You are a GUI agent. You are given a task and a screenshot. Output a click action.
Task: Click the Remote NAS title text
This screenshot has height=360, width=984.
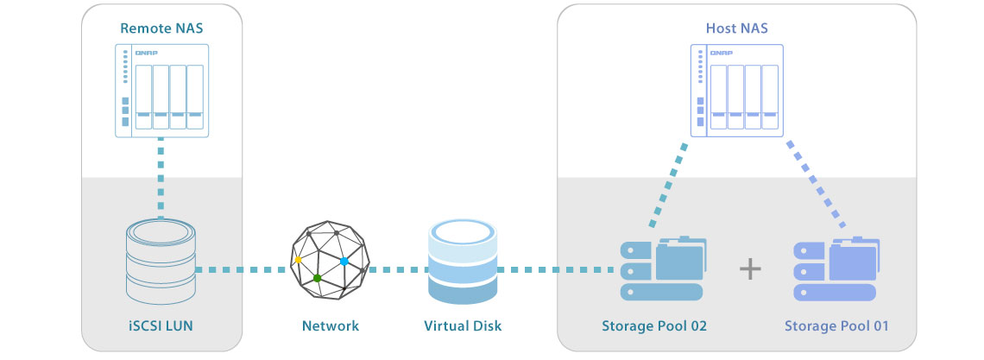pos(161,28)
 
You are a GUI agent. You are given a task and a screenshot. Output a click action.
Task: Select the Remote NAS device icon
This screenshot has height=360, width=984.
pos(161,90)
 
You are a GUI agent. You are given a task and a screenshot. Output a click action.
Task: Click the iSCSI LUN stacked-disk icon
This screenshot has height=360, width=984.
pos(161,259)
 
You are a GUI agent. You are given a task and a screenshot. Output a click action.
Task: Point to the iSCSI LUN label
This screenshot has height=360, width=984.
pos(161,326)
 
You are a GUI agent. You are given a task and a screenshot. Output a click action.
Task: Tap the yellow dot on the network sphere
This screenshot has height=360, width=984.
pos(298,259)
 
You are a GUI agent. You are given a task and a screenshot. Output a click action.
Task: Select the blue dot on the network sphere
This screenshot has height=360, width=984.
pos(344,261)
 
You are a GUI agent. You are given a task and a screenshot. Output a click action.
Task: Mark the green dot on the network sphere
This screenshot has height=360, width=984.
pos(318,278)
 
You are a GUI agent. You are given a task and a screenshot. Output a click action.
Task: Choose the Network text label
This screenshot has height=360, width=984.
pos(331,326)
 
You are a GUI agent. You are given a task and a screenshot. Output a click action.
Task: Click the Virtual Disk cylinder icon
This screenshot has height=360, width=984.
pos(463,262)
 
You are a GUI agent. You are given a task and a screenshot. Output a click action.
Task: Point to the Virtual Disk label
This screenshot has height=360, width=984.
pos(463,326)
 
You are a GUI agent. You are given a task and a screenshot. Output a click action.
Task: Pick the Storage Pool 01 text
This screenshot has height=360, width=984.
pos(836,326)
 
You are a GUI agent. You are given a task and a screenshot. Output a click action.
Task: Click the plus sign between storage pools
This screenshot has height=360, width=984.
pos(751,269)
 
